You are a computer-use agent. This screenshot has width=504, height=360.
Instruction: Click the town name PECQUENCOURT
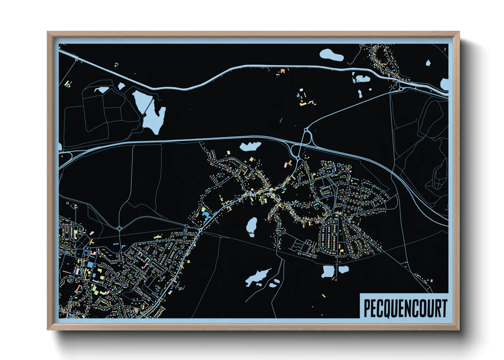[x=405, y=308]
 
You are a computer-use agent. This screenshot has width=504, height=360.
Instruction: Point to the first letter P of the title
[x=367, y=308]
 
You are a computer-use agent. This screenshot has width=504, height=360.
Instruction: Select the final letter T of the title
[x=443, y=308]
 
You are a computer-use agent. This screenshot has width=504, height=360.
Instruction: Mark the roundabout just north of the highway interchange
[x=306, y=130]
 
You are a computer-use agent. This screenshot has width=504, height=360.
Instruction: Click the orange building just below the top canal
[x=282, y=71]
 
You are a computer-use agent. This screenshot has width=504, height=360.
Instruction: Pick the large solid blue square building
[x=90, y=264]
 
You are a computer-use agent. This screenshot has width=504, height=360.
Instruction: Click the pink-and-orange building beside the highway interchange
[x=288, y=164]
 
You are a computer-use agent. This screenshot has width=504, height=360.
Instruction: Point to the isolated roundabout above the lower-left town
[x=120, y=228]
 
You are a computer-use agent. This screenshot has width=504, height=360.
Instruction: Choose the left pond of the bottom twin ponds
[x=328, y=272]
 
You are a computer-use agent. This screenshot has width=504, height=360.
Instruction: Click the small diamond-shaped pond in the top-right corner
[x=428, y=63]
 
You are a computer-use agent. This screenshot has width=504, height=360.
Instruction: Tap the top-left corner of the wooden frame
[x=48, y=33]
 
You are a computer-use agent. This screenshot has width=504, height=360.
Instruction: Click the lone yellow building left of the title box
[x=324, y=296]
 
